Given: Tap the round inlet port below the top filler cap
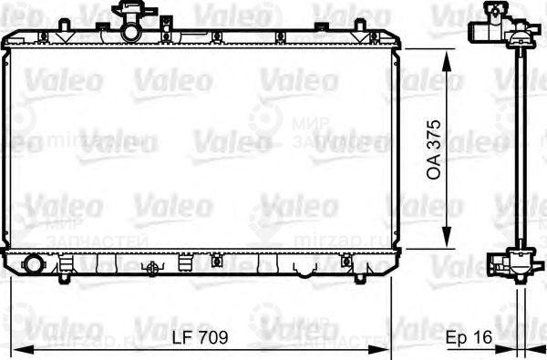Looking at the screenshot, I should [133, 34].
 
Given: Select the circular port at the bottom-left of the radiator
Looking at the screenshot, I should [35, 265].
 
